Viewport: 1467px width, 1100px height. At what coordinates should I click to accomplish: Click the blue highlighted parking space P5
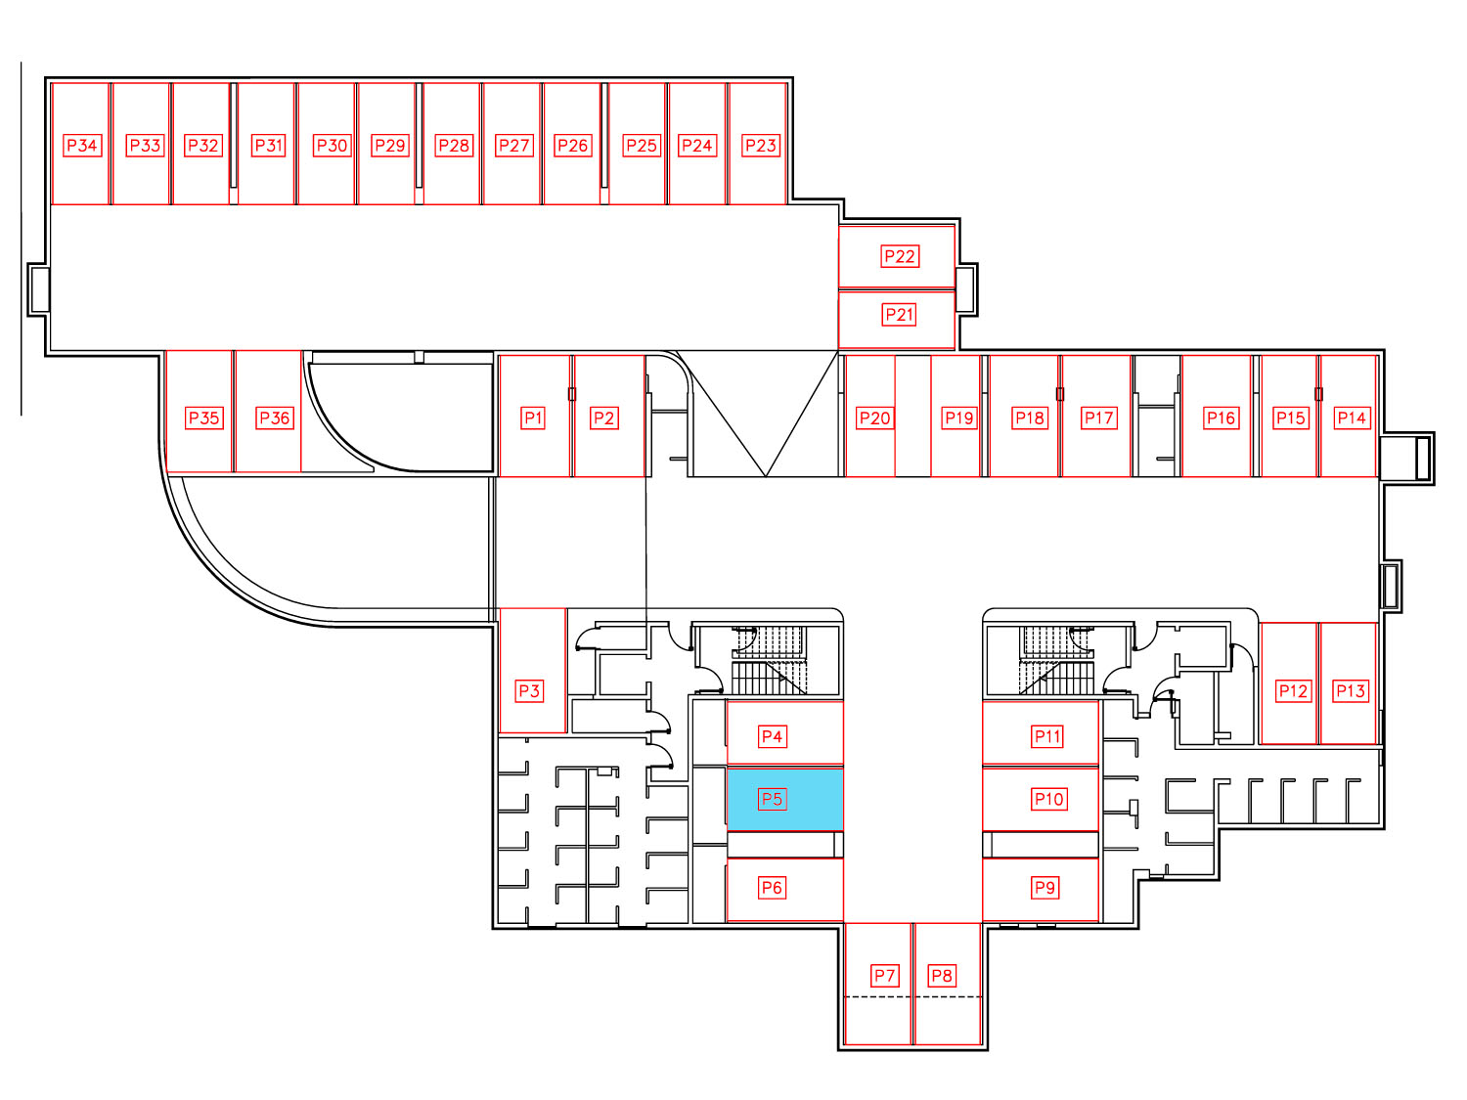pyautogui.click(x=784, y=799)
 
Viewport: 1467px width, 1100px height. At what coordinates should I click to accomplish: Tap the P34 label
pyautogui.click(x=82, y=145)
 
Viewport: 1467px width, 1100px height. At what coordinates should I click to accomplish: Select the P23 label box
pyautogui.click(x=761, y=145)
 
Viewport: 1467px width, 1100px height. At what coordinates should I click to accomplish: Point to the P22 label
pyautogui.click(x=900, y=256)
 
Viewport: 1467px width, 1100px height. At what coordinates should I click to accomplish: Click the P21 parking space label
pyautogui.click(x=899, y=315)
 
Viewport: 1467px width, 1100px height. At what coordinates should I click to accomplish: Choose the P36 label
pyautogui.click(x=275, y=418)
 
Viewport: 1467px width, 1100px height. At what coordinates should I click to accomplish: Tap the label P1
pyautogui.click(x=533, y=418)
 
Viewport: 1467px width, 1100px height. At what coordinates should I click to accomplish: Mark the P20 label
pyautogui.click(x=875, y=418)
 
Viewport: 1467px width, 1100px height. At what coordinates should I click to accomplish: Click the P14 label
pyautogui.click(x=1352, y=418)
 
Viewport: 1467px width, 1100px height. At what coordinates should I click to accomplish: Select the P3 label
pyautogui.click(x=529, y=690)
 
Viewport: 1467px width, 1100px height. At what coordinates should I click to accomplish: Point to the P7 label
pyautogui.click(x=884, y=975)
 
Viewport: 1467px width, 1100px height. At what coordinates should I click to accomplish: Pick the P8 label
pyautogui.click(x=942, y=975)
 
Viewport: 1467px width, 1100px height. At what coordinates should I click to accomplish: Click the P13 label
pyautogui.click(x=1350, y=690)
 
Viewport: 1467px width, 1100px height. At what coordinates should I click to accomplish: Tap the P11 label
pyautogui.click(x=1047, y=736)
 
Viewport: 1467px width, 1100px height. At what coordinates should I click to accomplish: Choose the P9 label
pyautogui.click(x=1045, y=888)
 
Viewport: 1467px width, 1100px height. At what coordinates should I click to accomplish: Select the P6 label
pyautogui.click(x=772, y=888)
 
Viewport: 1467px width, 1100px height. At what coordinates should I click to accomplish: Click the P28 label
pyautogui.click(x=453, y=145)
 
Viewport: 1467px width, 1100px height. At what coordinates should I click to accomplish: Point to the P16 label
pyautogui.click(x=1222, y=418)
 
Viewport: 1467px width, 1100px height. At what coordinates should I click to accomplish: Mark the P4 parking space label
pyautogui.click(x=772, y=736)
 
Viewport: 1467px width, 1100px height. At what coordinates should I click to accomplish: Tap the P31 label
pyautogui.click(x=269, y=145)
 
